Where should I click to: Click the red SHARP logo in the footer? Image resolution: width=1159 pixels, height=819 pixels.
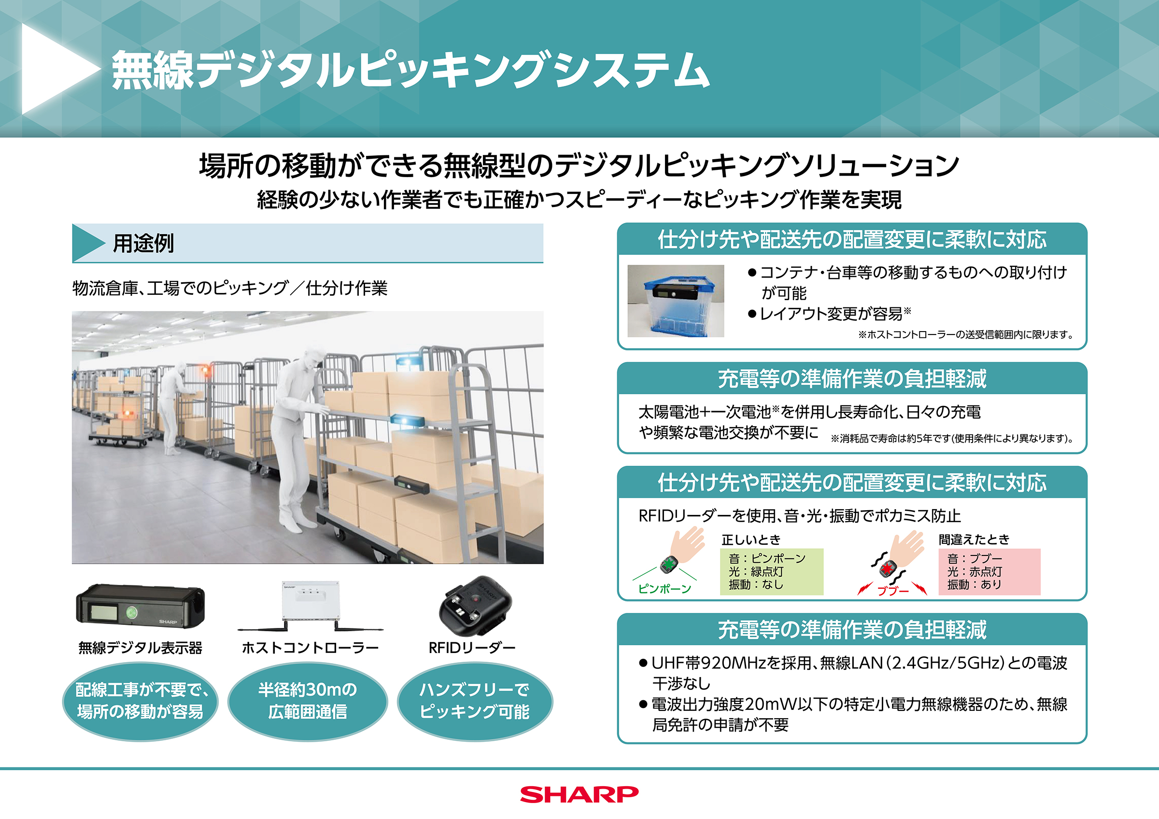pos(579,794)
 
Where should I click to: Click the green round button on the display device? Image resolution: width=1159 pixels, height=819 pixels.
pos(132,612)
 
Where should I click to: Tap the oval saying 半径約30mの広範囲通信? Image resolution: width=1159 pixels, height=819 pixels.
pos(308,701)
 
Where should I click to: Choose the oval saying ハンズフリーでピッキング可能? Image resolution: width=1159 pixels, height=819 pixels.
pos(475,701)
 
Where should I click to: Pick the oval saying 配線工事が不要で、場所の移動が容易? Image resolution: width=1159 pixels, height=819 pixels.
pos(141,701)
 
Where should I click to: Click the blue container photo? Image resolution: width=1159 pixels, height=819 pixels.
pos(676,301)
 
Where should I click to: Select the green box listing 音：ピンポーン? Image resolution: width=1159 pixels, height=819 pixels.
pos(771,571)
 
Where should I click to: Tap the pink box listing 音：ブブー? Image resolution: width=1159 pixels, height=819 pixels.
pos(989,571)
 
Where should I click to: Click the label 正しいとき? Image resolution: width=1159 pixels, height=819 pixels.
pos(750,540)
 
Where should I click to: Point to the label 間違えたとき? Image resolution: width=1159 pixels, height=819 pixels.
pos(974,540)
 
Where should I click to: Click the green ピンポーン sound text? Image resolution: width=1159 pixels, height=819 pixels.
pos(664,589)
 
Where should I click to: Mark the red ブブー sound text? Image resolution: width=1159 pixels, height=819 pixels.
pos(892,590)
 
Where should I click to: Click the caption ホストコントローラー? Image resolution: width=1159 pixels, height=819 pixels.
pos(310,647)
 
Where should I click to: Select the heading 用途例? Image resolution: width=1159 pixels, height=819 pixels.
pos(143,243)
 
